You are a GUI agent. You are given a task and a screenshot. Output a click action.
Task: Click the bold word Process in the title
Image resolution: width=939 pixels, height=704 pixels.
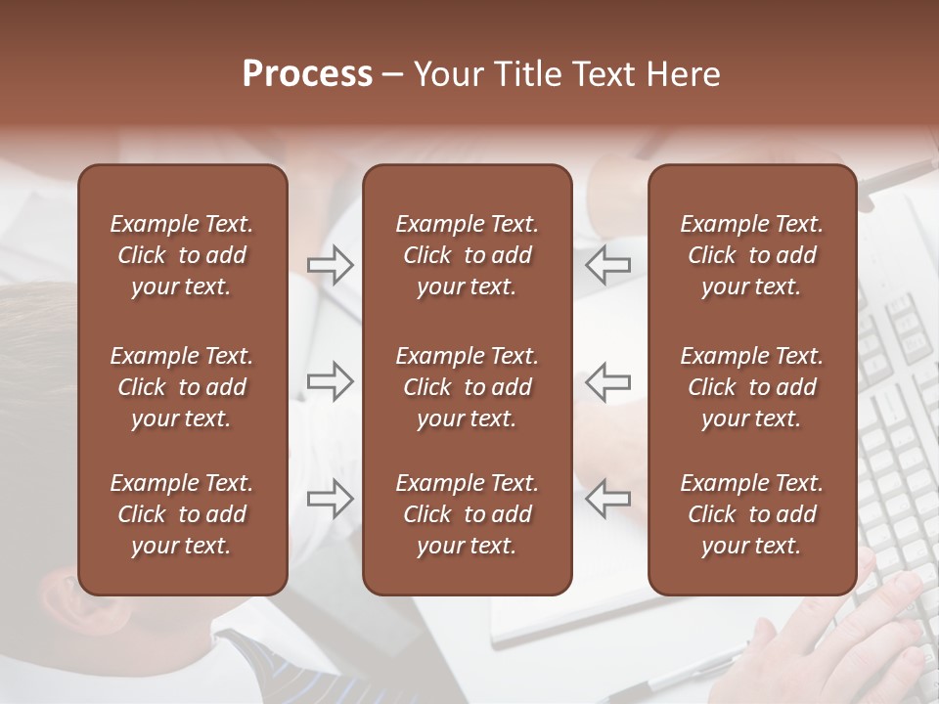307,74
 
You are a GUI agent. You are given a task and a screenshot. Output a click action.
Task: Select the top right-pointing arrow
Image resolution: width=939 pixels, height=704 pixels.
331,265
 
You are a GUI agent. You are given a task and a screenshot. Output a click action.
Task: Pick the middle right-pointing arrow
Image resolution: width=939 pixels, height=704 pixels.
331,381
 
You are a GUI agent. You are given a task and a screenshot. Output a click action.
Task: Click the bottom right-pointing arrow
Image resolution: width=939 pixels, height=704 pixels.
331,499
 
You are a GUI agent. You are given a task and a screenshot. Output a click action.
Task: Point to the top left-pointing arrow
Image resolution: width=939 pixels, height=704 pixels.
607,265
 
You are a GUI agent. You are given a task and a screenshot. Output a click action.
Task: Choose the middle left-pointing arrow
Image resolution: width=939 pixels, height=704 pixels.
607,381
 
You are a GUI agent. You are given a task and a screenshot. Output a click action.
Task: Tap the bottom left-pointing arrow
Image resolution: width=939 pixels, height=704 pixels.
607,499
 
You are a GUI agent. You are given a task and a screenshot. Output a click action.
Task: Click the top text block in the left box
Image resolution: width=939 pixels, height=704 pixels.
182,255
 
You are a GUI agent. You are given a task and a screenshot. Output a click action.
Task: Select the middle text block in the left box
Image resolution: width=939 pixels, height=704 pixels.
182,387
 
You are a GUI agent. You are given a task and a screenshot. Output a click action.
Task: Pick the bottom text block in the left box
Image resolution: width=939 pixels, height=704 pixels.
182,514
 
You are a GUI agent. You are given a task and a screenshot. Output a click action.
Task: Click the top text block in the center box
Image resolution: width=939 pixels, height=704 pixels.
467,255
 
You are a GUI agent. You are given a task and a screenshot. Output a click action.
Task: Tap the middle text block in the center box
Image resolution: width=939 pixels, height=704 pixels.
467,387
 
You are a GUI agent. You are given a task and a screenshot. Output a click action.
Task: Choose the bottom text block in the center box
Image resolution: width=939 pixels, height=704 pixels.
467,514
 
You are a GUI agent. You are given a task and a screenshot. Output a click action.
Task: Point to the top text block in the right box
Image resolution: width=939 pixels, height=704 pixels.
751,255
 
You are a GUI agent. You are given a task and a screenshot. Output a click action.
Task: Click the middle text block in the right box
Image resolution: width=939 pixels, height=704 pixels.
751,387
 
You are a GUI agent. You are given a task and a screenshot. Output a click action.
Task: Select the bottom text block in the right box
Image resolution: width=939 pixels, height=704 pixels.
751,514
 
